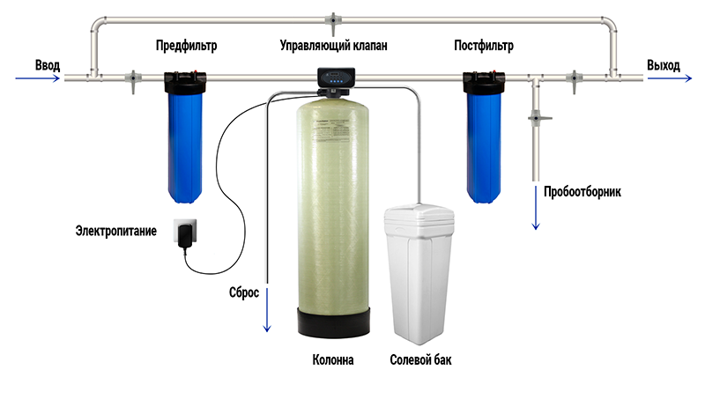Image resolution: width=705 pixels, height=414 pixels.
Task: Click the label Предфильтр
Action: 186,46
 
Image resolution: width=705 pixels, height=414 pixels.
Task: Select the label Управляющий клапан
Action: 333,46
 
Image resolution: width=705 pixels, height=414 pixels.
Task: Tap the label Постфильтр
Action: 483,46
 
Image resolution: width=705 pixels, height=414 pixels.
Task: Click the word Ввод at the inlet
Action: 48,65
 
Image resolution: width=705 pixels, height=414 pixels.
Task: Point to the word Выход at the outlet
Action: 664,65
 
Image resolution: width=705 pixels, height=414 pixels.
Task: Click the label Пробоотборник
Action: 583,191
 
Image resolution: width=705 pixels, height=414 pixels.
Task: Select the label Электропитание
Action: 116,231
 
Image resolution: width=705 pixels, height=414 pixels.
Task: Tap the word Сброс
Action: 244,292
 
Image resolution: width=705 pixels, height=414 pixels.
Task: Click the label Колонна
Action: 333,359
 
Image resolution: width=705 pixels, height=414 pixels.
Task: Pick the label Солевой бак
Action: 420,359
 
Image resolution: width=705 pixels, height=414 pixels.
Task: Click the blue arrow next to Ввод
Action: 37,78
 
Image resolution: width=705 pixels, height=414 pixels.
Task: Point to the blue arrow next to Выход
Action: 670,78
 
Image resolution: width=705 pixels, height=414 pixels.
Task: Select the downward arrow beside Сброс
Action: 267,310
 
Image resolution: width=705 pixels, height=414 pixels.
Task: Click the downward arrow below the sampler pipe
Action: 536,208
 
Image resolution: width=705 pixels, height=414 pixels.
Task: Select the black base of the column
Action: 334,322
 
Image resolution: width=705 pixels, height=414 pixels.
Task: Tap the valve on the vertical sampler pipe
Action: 538,118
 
